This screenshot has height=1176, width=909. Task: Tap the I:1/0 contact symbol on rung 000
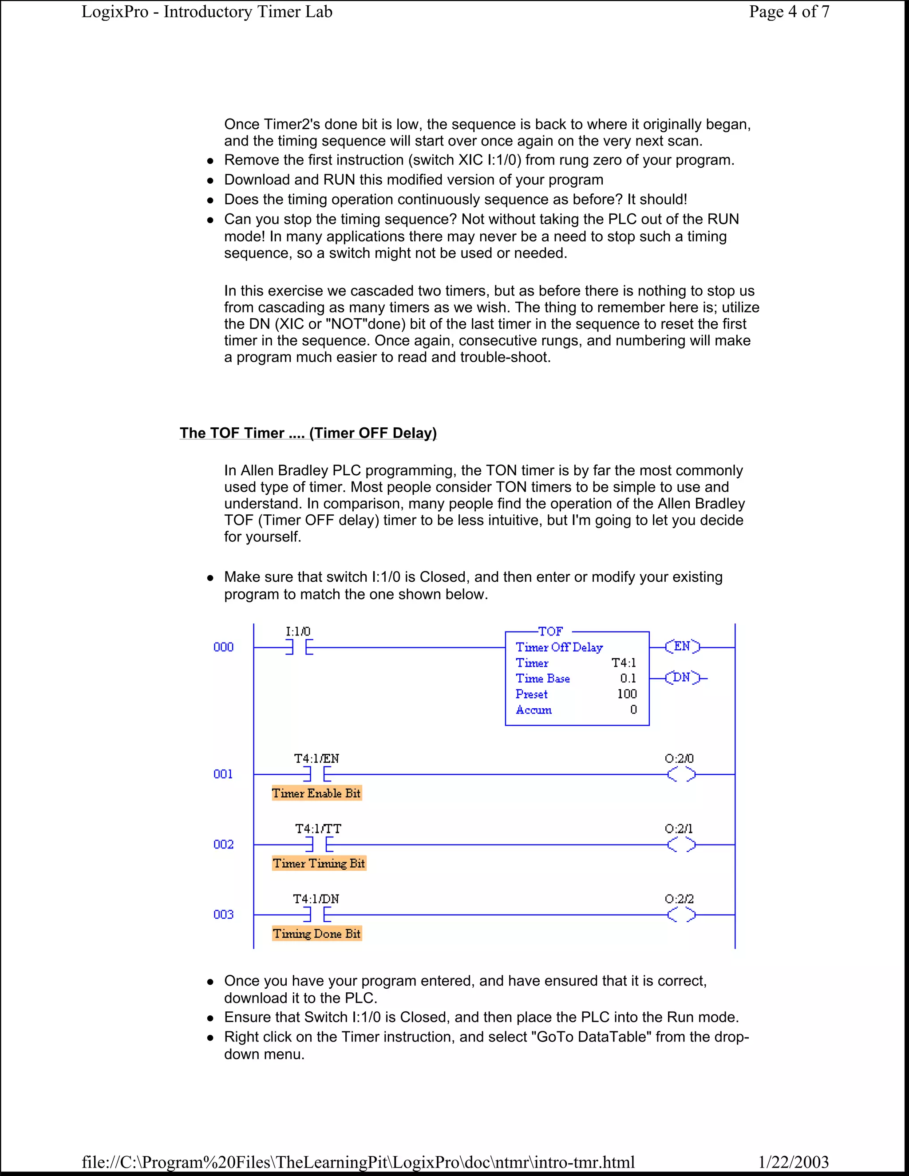(x=299, y=647)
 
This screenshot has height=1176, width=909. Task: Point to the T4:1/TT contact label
(x=318, y=829)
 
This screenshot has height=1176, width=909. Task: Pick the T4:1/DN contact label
(x=316, y=899)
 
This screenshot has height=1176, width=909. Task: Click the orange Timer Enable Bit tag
(x=316, y=793)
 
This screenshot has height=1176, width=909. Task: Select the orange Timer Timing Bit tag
(x=319, y=863)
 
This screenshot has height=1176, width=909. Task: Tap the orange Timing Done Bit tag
(x=316, y=933)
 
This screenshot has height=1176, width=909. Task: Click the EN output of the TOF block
(x=682, y=647)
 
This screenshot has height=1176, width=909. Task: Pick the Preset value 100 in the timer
(x=627, y=694)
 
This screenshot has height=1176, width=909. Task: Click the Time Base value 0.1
(x=628, y=679)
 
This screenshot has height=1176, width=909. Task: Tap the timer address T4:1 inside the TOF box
(x=624, y=663)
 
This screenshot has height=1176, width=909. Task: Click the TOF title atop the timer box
(x=550, y=631)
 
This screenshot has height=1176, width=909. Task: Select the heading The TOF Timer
(x=308, y=433)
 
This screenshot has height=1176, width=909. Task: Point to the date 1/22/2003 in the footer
(x=793, y=1162)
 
